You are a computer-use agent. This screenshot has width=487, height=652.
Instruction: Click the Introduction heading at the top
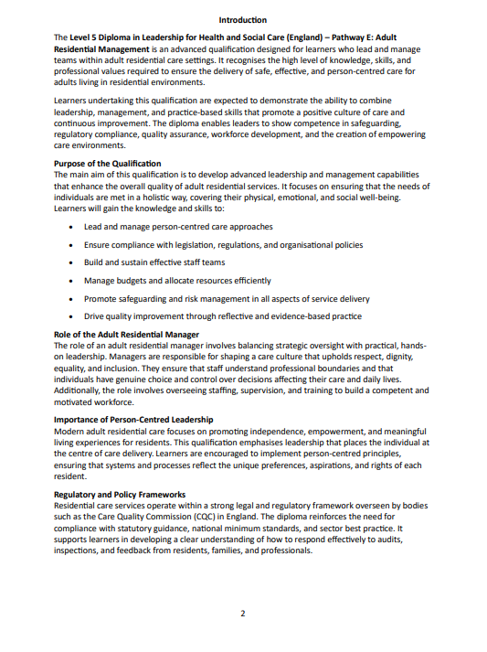pyautogui.click(x=243, y=20)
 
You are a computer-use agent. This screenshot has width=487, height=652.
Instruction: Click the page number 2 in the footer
pyautogui.click(x=243, y=613)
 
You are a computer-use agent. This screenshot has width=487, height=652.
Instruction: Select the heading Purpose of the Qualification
pyautogui.click(x=108, y=164)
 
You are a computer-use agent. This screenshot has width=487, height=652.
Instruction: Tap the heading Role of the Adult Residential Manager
pyautogui.click(x=126, y=334)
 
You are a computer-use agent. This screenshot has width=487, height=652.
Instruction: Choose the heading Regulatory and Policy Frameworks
pyautogui.click(x=120, y=494)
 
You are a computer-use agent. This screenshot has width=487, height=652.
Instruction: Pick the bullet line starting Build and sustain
pyautogui.click(x=154, y=262)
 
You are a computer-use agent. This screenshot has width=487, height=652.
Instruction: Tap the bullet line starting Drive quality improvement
pyautogui.click(x=223, y=315)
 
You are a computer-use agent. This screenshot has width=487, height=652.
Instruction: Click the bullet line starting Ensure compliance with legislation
pyautogui.click(x=223, y=245)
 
